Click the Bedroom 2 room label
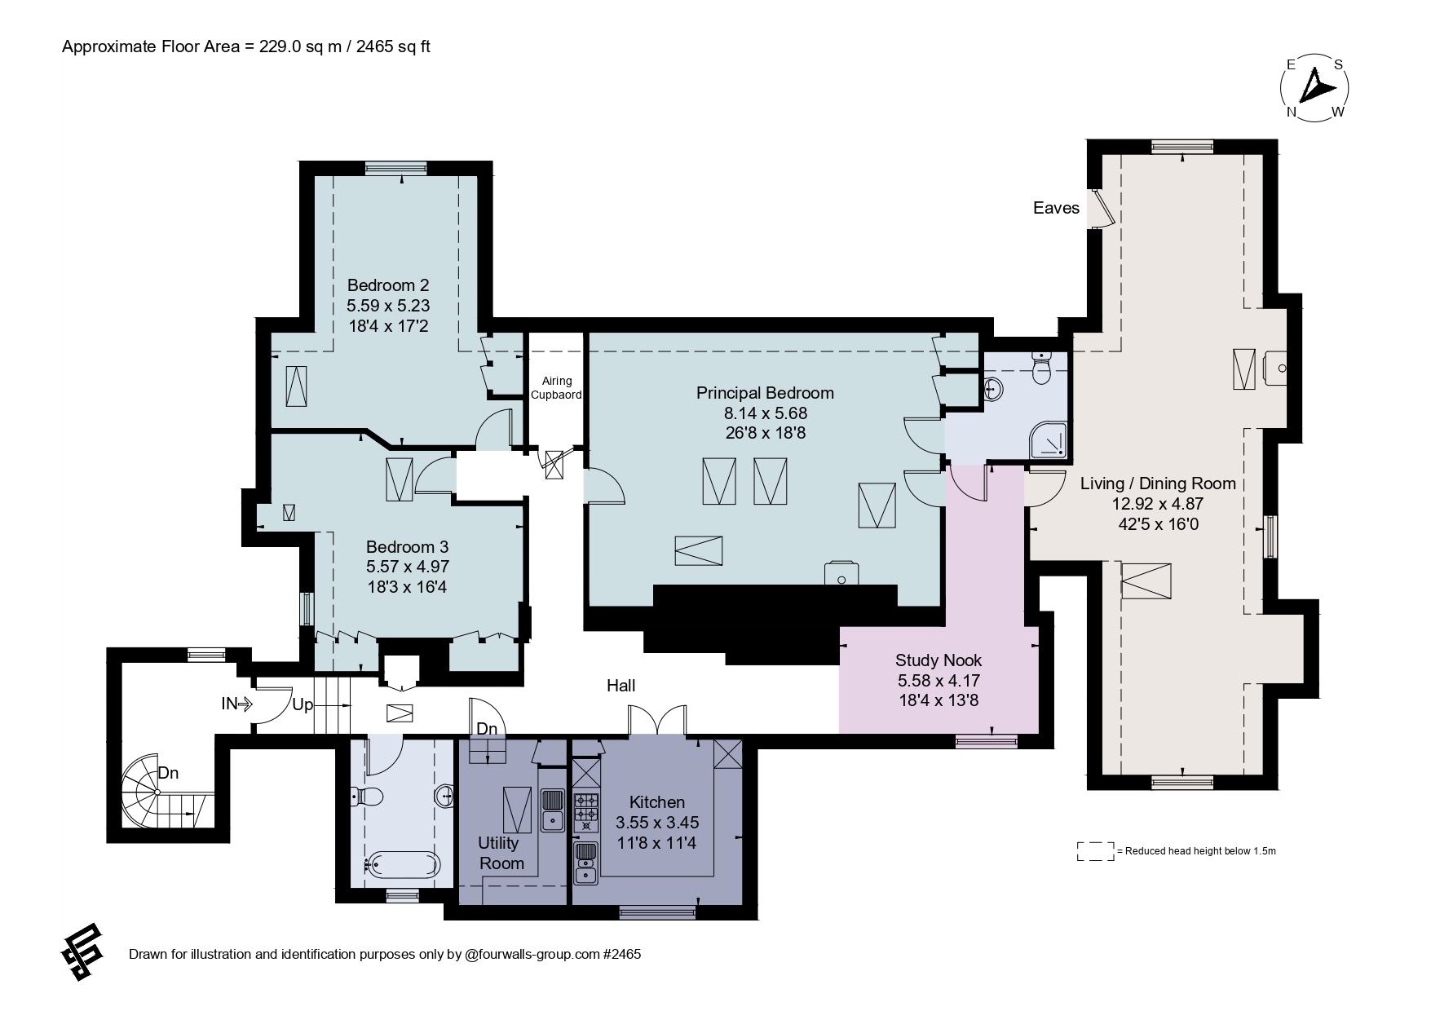[388, 285]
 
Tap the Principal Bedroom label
[765, 393]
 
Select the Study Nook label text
[939, 660]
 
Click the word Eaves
[1056, 208]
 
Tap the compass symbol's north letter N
[1292, 113]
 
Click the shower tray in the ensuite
[1047, 441]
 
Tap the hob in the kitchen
[585, 812]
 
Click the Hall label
[621, 686]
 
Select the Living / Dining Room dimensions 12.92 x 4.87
[1158, 504]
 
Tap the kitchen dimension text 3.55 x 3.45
[657, 823]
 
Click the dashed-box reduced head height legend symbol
[1096, 851]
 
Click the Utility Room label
[501, 853]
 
